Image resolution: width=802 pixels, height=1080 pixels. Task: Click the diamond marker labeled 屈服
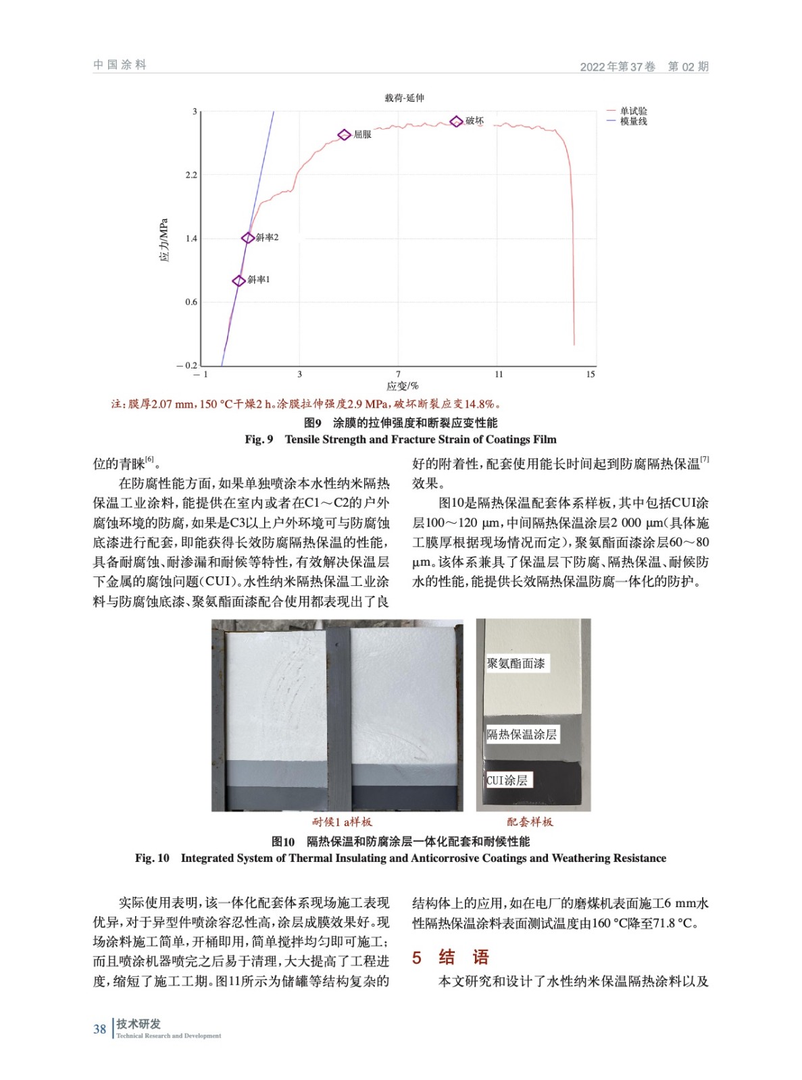[x=344, y=135]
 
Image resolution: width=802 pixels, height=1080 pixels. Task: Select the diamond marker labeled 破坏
[x=456, y=122]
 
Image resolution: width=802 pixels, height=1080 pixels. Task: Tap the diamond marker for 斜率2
[x=248, y=238]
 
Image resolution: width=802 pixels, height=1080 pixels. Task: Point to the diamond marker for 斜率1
[x=239, y=281]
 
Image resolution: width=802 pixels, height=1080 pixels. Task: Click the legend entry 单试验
[x=633, y=111]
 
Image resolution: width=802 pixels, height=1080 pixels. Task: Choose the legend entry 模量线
[x=633, y=122]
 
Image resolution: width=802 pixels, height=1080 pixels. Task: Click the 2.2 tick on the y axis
[x=191, y=175]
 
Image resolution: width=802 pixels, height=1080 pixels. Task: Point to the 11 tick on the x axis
[x=499, y=375]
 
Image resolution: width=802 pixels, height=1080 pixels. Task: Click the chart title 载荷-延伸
[x=404, y=99]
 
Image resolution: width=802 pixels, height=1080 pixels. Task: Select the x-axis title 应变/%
[x=402, y=386]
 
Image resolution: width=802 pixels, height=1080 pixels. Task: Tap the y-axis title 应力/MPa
[x=164, y=240]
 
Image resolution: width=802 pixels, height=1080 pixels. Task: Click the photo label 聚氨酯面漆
[x=516, y=664]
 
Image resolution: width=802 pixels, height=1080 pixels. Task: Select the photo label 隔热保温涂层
[x=522, y=734]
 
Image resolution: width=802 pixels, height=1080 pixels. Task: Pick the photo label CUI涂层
[x=507, y=780]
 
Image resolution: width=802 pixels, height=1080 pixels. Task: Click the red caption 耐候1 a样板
[x=342, y=822]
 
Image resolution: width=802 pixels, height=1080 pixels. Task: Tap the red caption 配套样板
[x=530, y=822]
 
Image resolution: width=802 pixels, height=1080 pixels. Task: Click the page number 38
[x=100, y=1029]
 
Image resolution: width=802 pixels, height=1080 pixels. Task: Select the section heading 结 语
[x=463, y=957]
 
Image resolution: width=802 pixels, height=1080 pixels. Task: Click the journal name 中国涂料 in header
[x=120, y=65]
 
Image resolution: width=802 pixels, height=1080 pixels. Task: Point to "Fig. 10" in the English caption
[x=152, y=859]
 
